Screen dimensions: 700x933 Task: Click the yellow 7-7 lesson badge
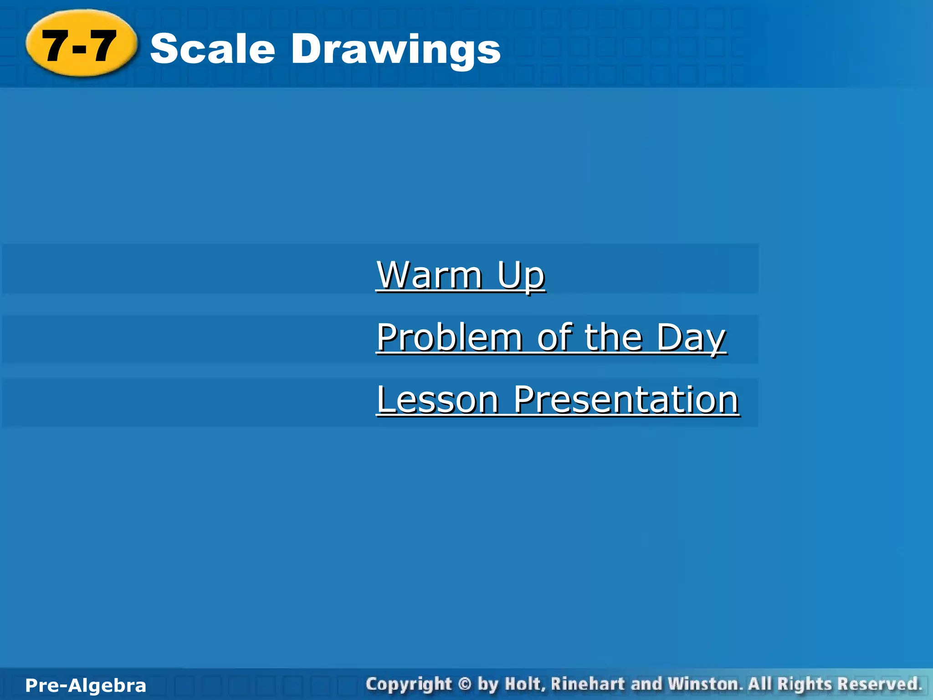coord(81,45)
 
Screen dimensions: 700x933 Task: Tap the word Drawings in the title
coord(395,50)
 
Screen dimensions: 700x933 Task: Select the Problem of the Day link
coord(551,337)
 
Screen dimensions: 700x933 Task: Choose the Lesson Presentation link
coord(558,400)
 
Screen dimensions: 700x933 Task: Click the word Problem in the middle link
coord(449,337)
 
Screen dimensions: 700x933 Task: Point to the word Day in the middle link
coord(691,338)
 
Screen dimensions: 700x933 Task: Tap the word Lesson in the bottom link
coord(438,400)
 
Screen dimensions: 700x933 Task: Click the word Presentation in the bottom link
coord(626,400)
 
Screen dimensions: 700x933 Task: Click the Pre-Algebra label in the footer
coord(86,685)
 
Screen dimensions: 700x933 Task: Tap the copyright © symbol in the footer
coord(465,685)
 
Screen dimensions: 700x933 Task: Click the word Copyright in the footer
coord(409,685)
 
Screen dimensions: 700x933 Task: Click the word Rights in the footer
coord(805,685)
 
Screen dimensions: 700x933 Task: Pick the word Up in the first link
coord(520,276)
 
